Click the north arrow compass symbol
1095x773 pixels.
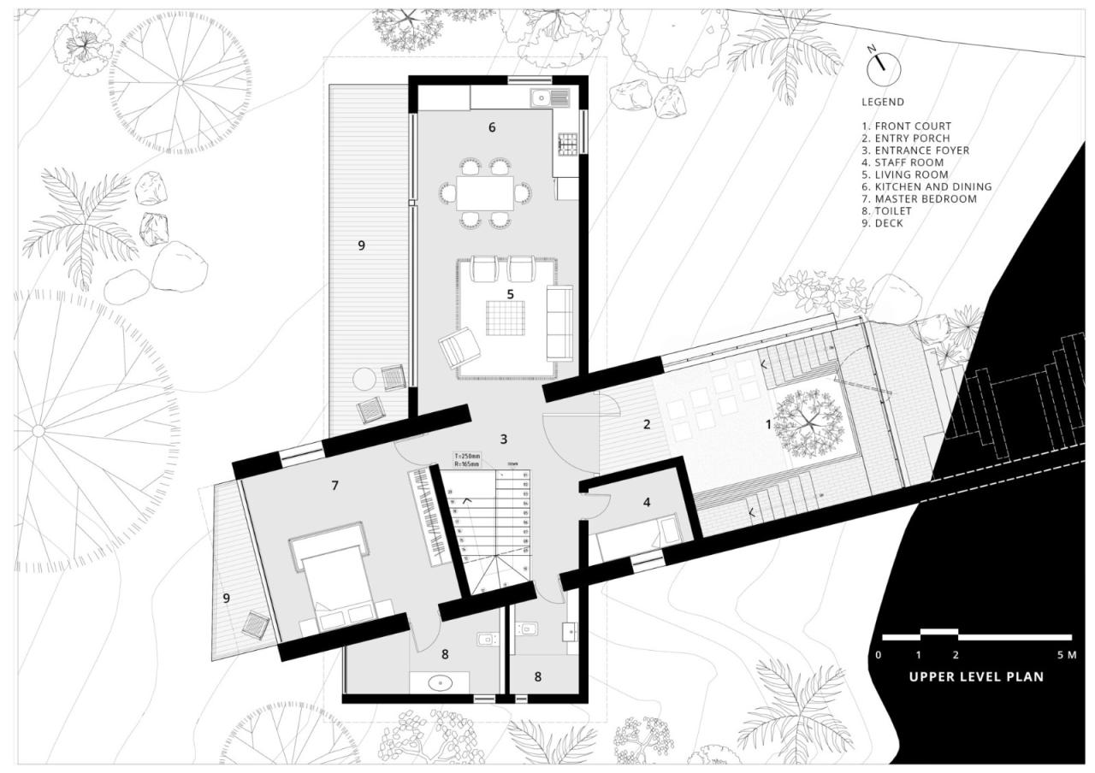885,68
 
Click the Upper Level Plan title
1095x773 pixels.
976,676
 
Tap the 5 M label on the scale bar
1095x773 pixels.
1066,655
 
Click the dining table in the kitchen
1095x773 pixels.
484,192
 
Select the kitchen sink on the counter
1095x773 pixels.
541,98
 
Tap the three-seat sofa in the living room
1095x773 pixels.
561,322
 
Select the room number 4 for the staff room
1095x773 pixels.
647,503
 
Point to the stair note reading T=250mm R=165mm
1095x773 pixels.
467,460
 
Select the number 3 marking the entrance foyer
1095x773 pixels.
504,439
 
